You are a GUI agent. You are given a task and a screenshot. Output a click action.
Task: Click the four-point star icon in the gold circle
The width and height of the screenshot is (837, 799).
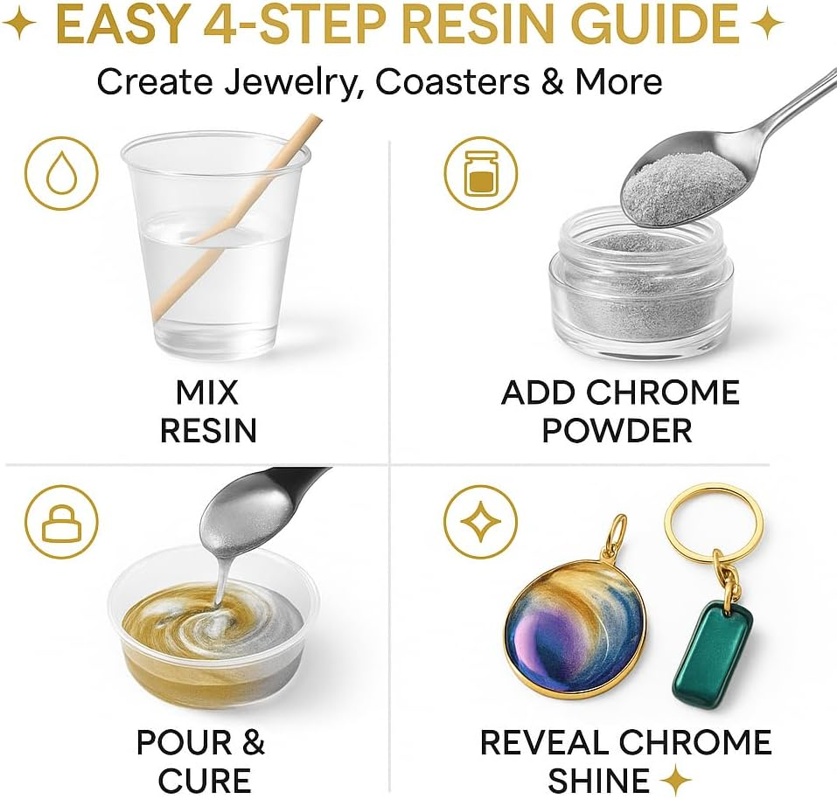(x=479, y=524)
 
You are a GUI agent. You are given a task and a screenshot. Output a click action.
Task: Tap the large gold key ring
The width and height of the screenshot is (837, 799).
(x=713, y=525)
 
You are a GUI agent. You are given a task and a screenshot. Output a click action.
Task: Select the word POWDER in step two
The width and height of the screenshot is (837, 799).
(x=617, y=429)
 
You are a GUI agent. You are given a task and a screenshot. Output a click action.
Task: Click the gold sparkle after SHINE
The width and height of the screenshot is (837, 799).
(x=674, y=779)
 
